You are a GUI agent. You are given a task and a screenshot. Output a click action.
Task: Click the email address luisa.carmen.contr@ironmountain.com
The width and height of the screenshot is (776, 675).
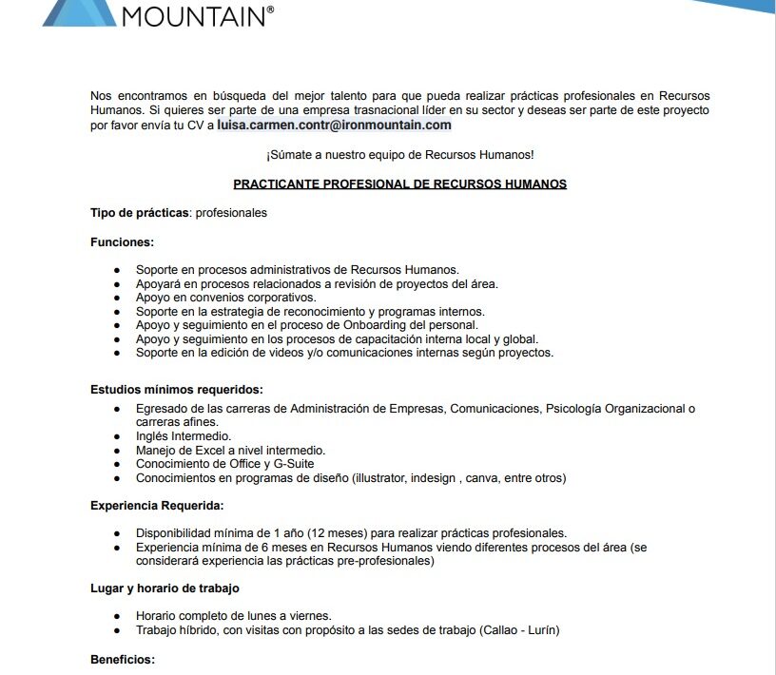(x=334, y=125)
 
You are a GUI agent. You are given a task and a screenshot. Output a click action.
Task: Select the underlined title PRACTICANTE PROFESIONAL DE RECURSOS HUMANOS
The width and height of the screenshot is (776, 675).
(x=399, y=183)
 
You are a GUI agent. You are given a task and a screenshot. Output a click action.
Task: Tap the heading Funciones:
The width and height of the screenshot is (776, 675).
(x=122, y=242)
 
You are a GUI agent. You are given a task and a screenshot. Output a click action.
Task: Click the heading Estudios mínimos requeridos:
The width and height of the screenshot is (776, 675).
(x=177, y=389)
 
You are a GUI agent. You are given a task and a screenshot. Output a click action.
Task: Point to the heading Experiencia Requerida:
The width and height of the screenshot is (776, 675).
(x=157, y=505)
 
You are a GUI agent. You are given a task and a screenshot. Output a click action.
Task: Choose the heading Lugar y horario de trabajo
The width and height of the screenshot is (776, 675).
(x=165, y=588)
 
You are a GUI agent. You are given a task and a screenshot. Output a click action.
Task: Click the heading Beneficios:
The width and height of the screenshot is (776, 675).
(x=123, y=659)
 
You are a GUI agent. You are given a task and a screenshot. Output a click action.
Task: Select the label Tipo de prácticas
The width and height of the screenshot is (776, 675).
(x=140, y=213)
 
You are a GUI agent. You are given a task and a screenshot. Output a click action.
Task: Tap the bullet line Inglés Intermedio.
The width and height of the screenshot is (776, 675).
(x=184, y=436)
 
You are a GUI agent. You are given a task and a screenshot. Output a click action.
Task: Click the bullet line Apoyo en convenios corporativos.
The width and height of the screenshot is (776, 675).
(x=226, y=298)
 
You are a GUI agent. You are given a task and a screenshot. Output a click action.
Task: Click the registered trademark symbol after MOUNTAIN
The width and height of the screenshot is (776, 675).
(x=270, y=9)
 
